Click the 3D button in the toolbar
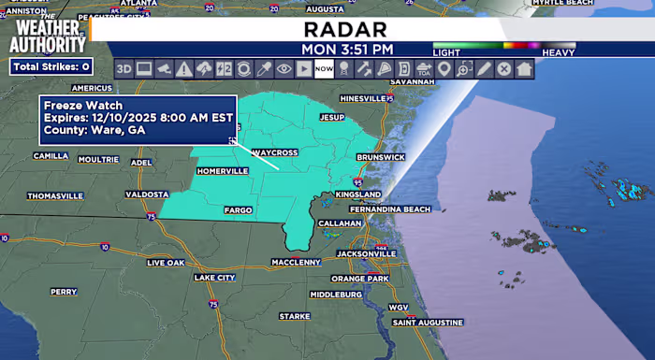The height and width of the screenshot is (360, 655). [124, 68]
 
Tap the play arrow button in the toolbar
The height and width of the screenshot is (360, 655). [303, 68]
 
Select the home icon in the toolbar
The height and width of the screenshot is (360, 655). [524, 68]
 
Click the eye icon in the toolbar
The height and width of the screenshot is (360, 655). [284, 68]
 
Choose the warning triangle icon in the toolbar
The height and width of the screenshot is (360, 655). [183, 68]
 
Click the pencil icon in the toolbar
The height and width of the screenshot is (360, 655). [484, 68]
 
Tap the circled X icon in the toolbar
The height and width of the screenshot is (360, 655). [503, 68]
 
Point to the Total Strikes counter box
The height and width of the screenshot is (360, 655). [51, 66]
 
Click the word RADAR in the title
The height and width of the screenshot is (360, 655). [346, 29]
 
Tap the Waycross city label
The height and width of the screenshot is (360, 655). [273, 151]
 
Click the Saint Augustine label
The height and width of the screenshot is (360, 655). [428, 322]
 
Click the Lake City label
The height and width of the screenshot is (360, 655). [214, 278]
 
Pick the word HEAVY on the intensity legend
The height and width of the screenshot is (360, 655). [559, 53]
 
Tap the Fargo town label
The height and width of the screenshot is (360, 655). [239, 210]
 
